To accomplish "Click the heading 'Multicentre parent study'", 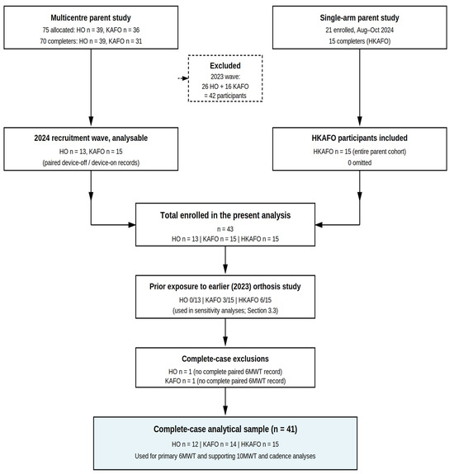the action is click(91, 18).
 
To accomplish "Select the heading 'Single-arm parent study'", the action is click(360, 18).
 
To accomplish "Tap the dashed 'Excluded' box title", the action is click(225, 66).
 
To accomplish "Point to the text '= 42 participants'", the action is click(225, 96).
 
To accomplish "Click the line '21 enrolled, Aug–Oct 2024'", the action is click(360, 30).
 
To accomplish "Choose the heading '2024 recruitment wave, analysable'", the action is click(91, 138).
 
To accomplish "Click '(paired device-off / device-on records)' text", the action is click(91, 162).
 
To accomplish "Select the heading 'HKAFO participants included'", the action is click(360, 138).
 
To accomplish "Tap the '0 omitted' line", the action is click(360, 162).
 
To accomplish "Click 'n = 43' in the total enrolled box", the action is click(225, 229).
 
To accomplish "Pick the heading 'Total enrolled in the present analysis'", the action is click(225, 215).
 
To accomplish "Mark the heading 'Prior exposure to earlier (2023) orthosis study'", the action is click(225, 287).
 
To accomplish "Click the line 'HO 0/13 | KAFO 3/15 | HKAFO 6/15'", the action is click(225, 300).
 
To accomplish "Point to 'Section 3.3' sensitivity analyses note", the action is click(262, 311).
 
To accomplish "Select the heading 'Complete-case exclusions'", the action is click(225, 359).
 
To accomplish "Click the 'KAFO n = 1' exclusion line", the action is click(225, 381).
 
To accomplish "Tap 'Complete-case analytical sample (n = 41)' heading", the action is click(225, 429).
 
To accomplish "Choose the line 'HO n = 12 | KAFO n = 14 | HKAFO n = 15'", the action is click(225, 444).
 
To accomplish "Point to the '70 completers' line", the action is click(91, 41).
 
